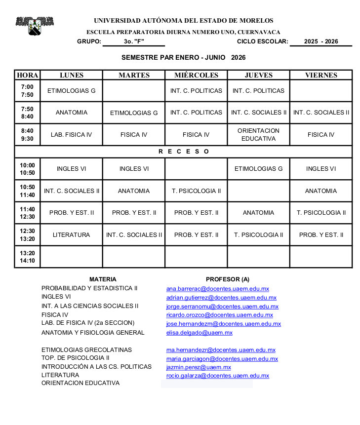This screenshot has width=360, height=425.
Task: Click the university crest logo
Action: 34,26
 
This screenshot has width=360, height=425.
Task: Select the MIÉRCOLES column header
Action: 196,75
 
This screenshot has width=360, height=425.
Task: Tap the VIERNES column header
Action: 321,75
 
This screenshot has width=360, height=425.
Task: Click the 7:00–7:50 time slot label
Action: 27,91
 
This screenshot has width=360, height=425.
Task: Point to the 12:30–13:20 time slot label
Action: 27,235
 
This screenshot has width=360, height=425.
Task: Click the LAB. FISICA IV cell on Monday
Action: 71,135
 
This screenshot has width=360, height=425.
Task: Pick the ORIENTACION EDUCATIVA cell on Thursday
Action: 258,135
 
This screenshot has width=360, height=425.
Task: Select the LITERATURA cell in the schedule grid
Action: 71,235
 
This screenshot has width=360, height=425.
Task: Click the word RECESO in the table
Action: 184,152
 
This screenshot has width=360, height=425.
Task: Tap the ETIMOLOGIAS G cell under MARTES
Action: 134,113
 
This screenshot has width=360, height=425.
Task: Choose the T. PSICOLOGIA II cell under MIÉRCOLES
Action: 196,191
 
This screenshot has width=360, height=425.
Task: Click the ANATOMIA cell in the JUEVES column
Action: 258,213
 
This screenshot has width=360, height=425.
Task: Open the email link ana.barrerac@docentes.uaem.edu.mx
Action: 218,289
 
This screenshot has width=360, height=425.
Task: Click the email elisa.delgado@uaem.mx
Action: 200,333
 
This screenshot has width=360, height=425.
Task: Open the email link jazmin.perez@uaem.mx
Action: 199,367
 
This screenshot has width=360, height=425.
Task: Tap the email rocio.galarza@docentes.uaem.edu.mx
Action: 218,376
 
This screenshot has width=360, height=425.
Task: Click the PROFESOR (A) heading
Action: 228,279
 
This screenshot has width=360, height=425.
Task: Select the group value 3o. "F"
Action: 134,41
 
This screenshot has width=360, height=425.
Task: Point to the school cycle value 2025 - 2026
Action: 321,41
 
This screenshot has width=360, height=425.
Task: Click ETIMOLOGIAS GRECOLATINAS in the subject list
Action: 86,350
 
